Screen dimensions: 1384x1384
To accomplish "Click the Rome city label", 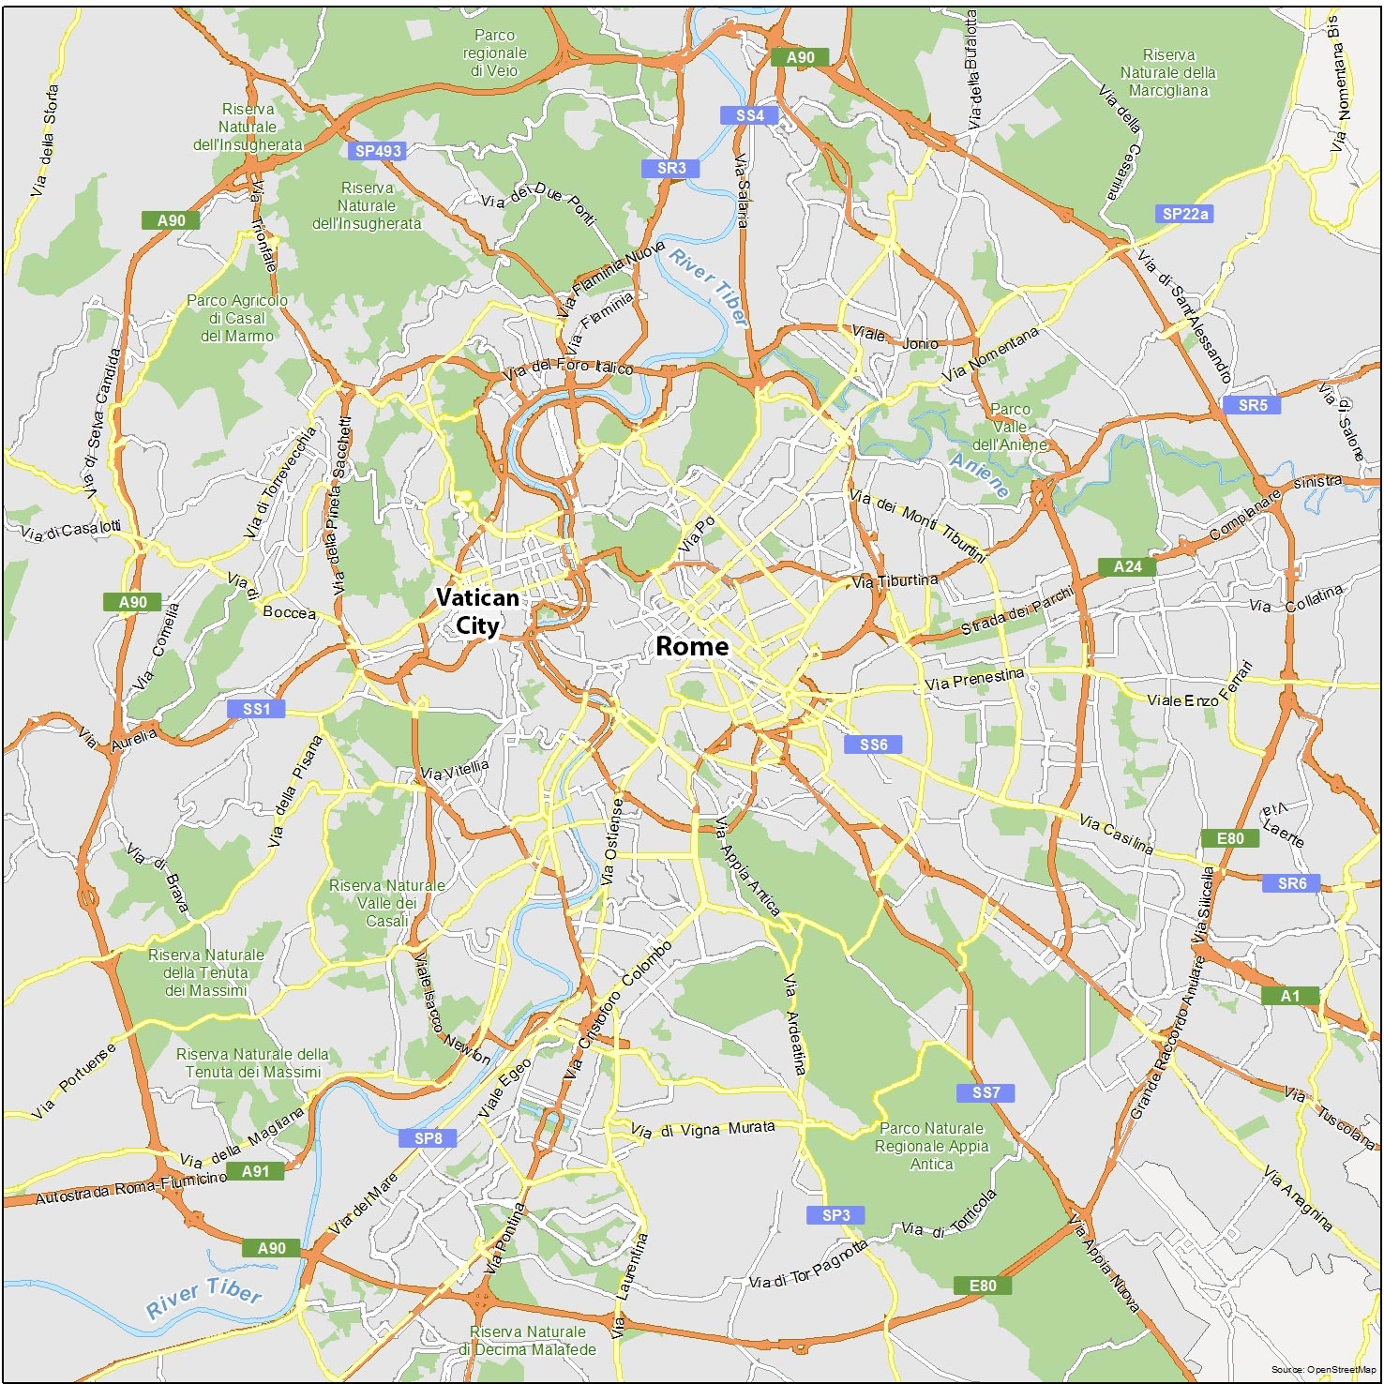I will click(x=691, y=646).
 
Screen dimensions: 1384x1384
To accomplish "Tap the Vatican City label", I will click(x=477, y=611).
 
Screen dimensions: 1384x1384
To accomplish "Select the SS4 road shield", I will click(x=749, y=115).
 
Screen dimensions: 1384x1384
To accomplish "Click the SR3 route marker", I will click(x=671, y=169).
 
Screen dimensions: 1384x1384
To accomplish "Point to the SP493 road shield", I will click(x=378, y=151).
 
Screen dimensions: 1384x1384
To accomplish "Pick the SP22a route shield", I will click(x=1185, y=214).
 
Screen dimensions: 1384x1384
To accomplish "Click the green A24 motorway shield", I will click(x=1127, y=566).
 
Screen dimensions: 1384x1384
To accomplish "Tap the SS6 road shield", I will click(x=873, y=745).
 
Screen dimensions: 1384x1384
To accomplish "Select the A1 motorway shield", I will click(x=1290, y=996).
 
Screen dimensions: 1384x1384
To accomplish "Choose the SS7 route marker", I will click(x=985, y=1092).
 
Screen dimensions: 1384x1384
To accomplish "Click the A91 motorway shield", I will click(x=255, y=1171).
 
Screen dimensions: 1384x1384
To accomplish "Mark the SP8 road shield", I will click(x=428, y=1138).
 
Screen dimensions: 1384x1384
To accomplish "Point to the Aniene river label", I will click(x=980, y=475).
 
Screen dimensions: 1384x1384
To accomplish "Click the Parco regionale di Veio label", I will click(x=494, y=53).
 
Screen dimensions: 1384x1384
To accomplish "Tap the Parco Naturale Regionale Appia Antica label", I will click(x=931, y=1146).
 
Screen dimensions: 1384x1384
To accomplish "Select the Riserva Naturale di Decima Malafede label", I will click(x=527, y=1341).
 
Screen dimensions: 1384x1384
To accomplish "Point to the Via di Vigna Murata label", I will click(x=702, y=1130).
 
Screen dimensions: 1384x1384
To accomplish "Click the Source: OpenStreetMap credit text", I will click(x=1324, y=1370).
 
